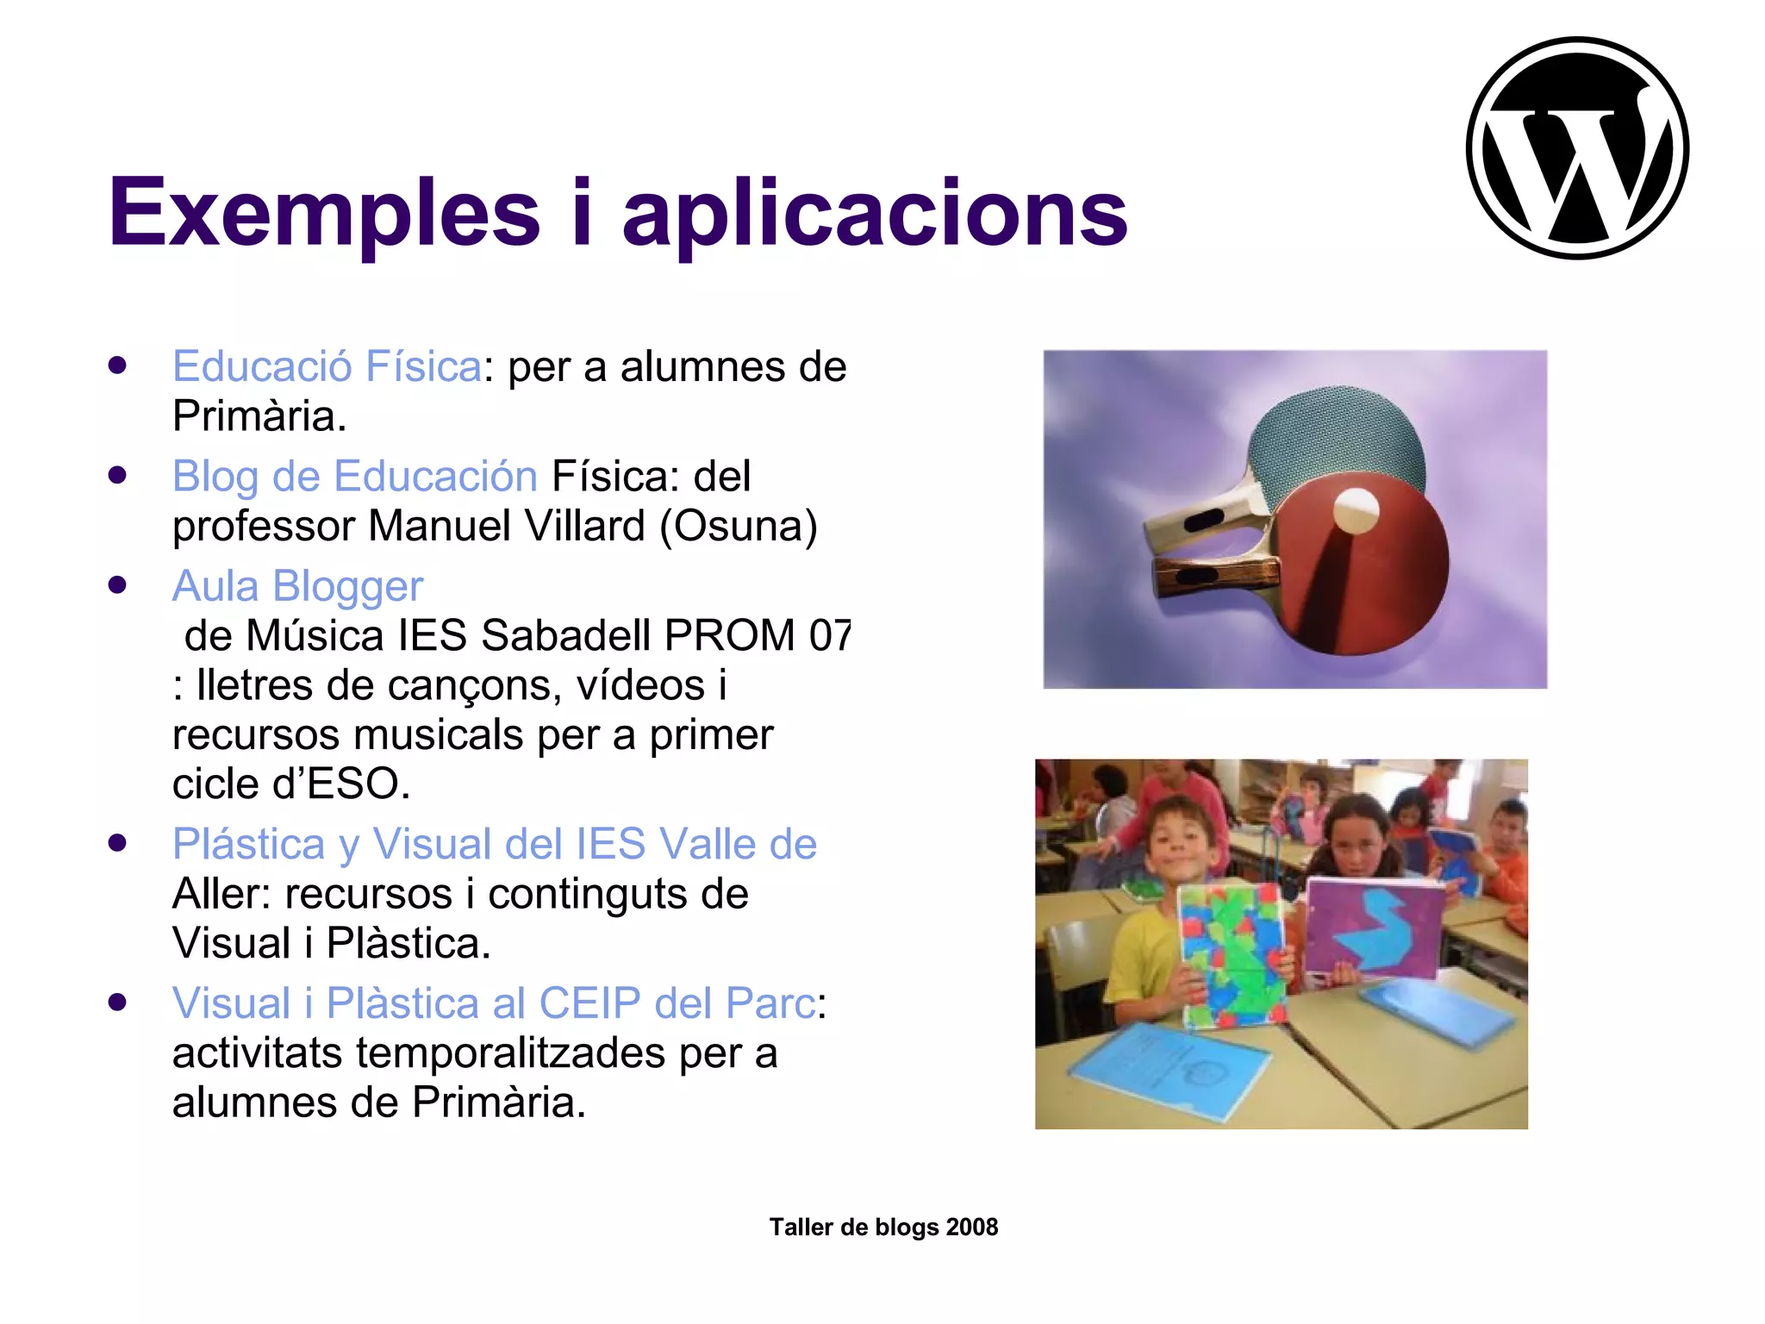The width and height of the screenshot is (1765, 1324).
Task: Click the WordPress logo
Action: point(1577,147)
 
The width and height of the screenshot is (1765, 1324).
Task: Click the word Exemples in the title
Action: point(324,213)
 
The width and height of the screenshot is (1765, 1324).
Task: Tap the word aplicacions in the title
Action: point(874,213)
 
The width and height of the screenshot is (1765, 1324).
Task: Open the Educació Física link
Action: point(327,366)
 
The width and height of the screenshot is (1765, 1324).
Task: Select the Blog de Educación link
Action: point(355,476)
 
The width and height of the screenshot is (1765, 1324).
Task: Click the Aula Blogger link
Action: point(297,586)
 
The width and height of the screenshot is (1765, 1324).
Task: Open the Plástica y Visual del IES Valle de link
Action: point(494,843)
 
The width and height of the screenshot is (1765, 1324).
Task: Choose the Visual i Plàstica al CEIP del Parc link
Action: point(494,1003)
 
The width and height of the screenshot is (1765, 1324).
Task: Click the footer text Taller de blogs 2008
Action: point(883,1227)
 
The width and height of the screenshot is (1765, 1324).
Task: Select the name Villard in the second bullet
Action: point(584,526)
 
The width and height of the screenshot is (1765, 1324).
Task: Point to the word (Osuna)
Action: point(739,526)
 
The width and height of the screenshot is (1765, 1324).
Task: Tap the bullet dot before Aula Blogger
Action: point(118,585)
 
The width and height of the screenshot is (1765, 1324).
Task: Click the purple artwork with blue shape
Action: point(1375,931)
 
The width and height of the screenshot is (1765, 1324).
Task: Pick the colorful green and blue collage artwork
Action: point(1234,952)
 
